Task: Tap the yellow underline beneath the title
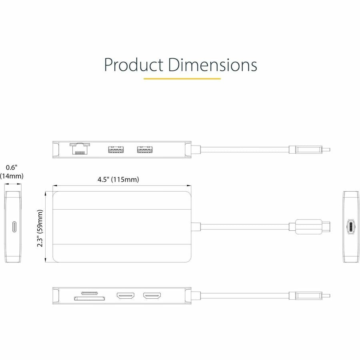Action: [182, 79]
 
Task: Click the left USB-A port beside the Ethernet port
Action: [115, 150]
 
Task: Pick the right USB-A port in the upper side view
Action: [145, 150]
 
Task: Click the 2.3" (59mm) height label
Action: [40, 229]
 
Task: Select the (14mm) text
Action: [12, 176]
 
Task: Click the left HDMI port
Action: [125, 297]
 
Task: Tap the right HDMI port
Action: [152, 297]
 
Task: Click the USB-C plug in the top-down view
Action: [312, 227]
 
